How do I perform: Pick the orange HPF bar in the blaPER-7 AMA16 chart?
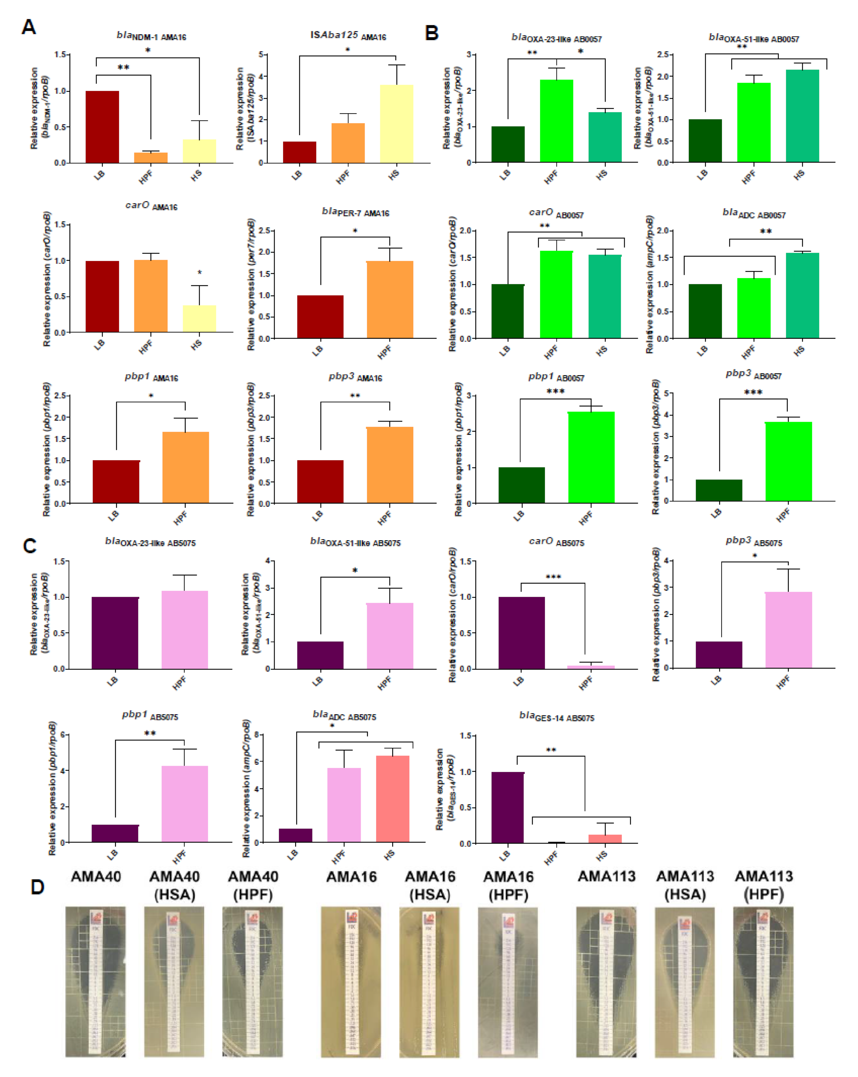389,299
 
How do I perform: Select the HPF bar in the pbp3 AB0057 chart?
788,461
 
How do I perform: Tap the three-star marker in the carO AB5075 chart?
553,577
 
